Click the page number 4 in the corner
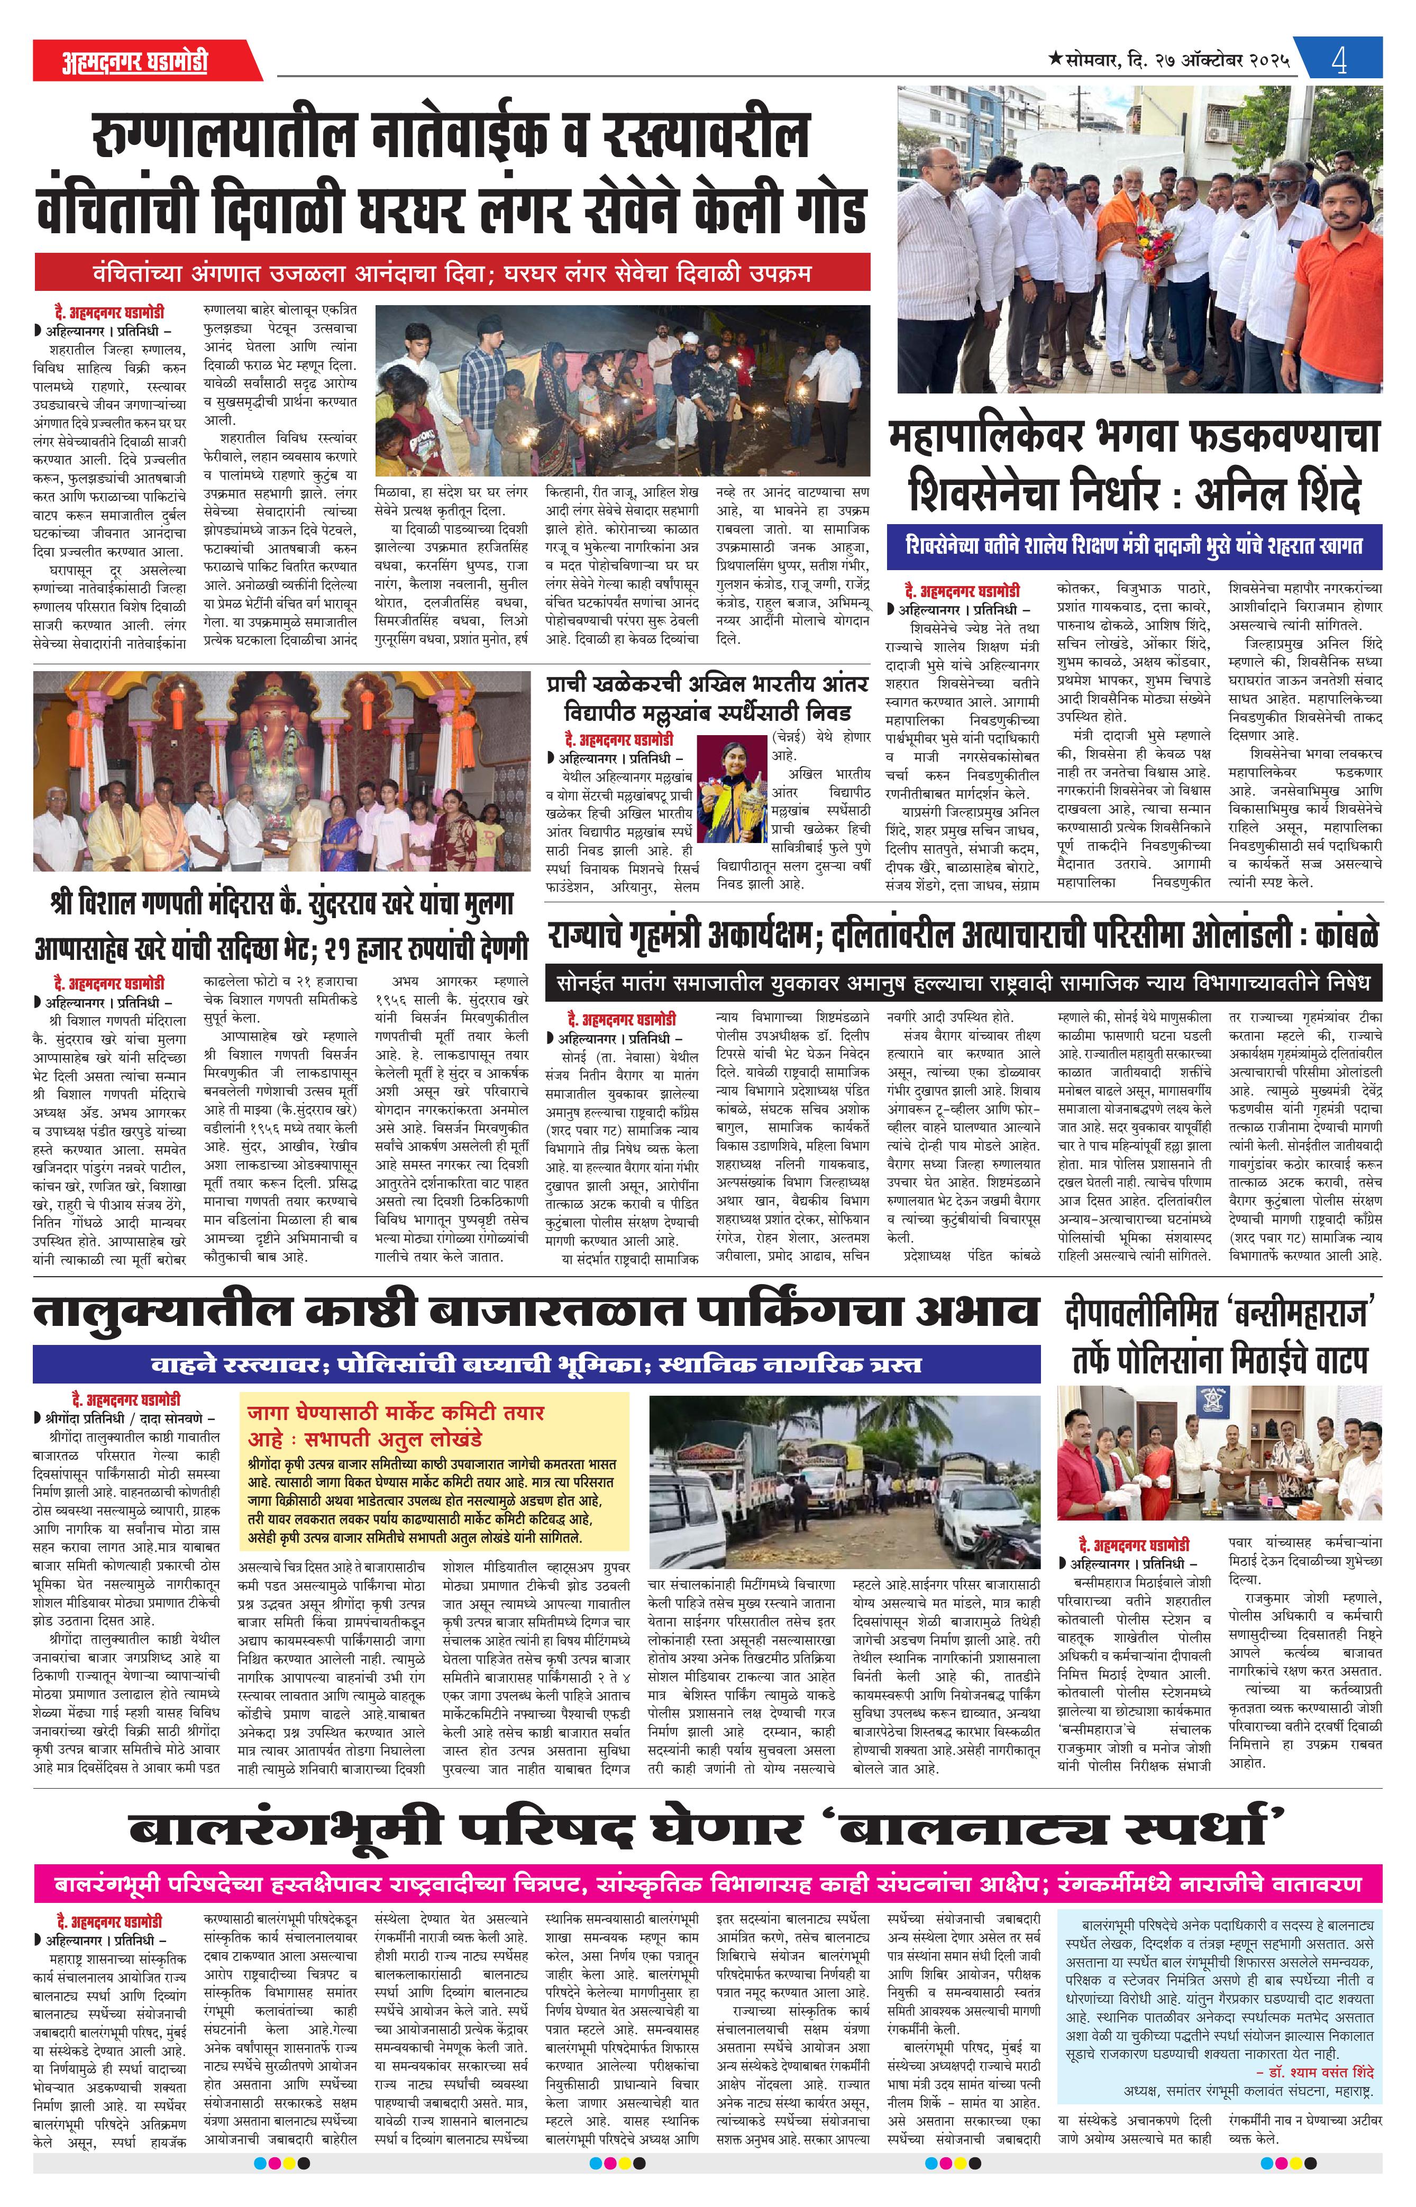click(x=1339, y=61)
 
